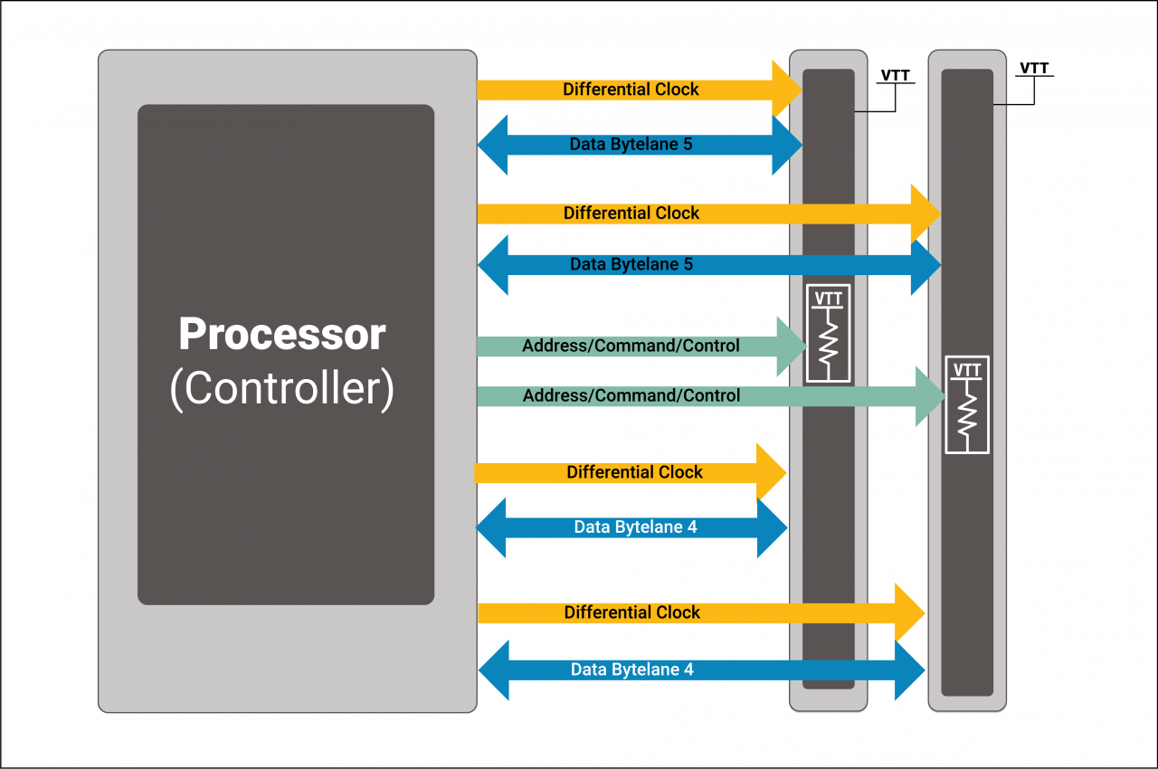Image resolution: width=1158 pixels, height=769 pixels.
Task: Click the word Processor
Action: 281,335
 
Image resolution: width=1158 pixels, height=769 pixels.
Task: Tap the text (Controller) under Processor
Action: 281,388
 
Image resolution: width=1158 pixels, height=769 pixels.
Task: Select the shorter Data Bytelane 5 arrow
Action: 631,144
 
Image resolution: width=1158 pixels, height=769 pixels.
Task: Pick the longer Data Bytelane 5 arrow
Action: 631,265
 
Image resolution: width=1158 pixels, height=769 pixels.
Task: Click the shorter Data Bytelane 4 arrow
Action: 635,527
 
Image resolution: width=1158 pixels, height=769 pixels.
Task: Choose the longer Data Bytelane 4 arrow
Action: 631,670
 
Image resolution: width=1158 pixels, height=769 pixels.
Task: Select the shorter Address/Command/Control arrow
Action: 631,347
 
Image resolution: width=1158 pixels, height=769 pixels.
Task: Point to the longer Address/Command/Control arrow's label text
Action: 631,396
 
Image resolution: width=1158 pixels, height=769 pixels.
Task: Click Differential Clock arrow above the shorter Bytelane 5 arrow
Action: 631,90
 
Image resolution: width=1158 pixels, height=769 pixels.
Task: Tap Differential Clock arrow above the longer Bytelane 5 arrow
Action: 631,214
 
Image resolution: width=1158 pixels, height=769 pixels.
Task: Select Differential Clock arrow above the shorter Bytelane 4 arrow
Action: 634,472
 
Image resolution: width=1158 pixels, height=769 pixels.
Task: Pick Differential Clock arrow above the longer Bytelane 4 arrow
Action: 631,612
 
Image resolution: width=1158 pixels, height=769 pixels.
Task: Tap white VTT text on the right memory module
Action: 967,370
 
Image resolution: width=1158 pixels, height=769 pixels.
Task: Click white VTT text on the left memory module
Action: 828,299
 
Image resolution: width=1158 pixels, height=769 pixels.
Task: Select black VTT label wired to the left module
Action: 895,75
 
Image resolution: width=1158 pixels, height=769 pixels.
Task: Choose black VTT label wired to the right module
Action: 1035,68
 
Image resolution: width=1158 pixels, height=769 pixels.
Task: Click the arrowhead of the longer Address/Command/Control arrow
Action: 931,396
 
